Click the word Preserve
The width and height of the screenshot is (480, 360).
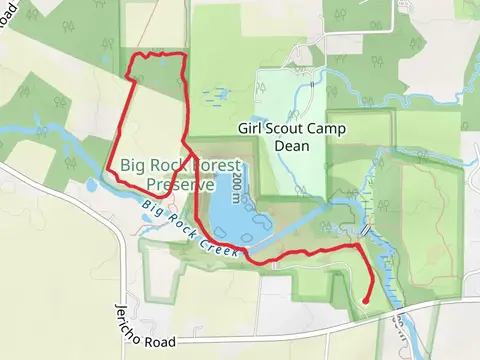(x=180, y=184)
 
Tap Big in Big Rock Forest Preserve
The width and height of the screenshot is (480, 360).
(x=133, y=167)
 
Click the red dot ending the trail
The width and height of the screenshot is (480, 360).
(x=366, y=299)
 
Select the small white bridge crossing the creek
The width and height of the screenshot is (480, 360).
(x=366, y=230)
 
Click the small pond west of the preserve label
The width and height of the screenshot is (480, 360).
(x=92, y=185)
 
